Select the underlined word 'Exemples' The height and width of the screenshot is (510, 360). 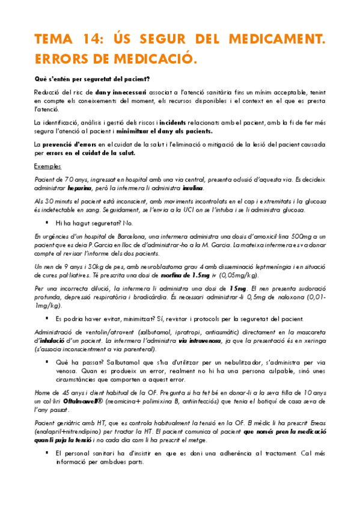tap(47, 166)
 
